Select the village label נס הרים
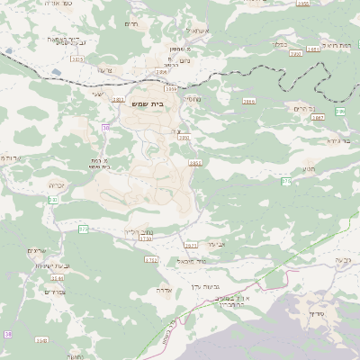point(303,108)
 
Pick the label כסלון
point(274,42)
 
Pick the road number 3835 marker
point(195,163)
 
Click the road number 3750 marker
point(147,238)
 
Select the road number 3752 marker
point(151,259)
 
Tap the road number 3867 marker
point(317,117)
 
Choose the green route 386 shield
point(339,111)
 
